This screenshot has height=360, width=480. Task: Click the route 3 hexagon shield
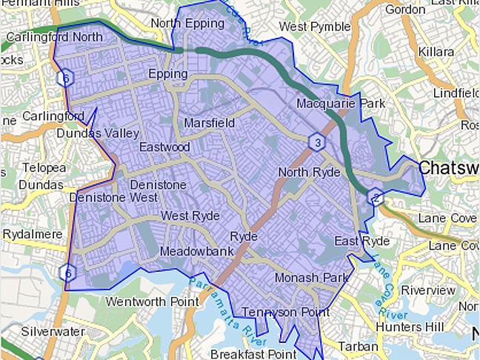pyautogui.click(x=317, y=142)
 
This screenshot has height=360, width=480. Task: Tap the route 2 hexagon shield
pyautogui.click(x=376, y=197)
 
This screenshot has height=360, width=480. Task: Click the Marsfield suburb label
pyautogui.click(x=210, y=122)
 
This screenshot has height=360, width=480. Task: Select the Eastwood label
pyautogui.click(x=165, y=147)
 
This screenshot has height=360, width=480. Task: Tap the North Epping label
pyautogui.click(x=187, y=24)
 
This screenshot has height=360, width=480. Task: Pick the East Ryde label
pyautogui.click(x=361, y=242)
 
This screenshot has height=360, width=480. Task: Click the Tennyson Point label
pyautogui.click(x=286, y=313)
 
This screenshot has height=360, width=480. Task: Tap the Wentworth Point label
pyautogui.click(x=152, y=301)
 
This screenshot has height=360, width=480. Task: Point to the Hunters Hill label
pyautogui.click(x=410, y=327)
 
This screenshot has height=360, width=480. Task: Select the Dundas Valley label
pyautogui.click(x=98, y=133)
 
